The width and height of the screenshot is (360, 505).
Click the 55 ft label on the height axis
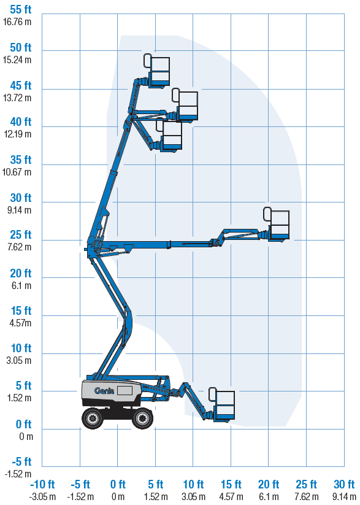point(21,10)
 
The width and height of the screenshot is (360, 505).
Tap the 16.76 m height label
point(17,22)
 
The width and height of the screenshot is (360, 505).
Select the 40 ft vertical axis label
point(21,121)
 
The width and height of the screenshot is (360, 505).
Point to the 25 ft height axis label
point(21,235)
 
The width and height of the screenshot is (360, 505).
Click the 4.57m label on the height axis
point(21,323)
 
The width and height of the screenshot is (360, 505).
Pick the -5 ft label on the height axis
point(22,461)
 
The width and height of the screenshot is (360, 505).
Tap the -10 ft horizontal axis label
point(42,484)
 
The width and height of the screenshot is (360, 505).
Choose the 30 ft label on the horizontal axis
point(344,484)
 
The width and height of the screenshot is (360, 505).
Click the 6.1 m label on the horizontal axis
point(269,496)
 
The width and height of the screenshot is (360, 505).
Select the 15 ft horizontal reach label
point(231,484)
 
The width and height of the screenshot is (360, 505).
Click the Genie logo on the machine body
point(104,391)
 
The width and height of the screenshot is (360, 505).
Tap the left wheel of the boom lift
point(93,418)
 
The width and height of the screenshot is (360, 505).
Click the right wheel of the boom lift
point(142,418)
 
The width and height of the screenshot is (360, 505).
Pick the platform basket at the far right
point(278,225)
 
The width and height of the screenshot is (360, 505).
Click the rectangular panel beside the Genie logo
point(124,391)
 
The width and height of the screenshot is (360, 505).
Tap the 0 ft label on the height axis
point(24,425)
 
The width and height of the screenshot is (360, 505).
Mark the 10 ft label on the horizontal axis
point(194,484)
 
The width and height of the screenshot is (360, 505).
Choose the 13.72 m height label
point(17,98)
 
